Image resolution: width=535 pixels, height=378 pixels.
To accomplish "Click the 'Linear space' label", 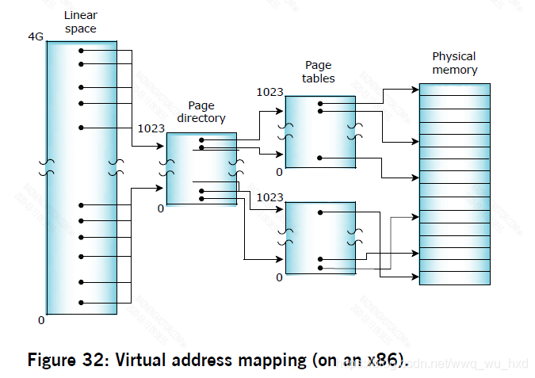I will pos(81,22).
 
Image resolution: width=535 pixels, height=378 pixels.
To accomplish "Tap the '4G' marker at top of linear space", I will pos(36,38).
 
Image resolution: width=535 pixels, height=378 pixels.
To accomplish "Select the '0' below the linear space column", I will pos(41,320).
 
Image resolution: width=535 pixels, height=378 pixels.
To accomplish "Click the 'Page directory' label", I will pos(206,112).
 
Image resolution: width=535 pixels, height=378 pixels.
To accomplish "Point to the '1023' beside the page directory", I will pos(151,128).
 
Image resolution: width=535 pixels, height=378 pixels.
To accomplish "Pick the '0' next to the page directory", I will pos(161,208).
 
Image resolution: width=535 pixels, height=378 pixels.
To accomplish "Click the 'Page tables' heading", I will pos(319,71).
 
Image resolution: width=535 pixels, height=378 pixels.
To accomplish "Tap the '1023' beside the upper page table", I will pos(269,92).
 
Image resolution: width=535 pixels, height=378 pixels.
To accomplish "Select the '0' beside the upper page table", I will pos(279,171).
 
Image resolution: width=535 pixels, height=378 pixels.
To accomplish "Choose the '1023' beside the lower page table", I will pos(269,197).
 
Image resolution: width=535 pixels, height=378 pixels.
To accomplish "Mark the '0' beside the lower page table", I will pos(279,277).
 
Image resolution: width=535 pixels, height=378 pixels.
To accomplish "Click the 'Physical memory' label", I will pos(454,63).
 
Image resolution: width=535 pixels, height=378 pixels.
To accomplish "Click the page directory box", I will pos(201,169).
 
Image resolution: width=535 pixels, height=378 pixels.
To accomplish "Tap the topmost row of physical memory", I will pos(454,90).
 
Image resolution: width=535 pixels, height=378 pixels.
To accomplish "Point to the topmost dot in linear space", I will pos(81,51).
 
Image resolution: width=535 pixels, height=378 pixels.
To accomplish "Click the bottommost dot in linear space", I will pos(81,302).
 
